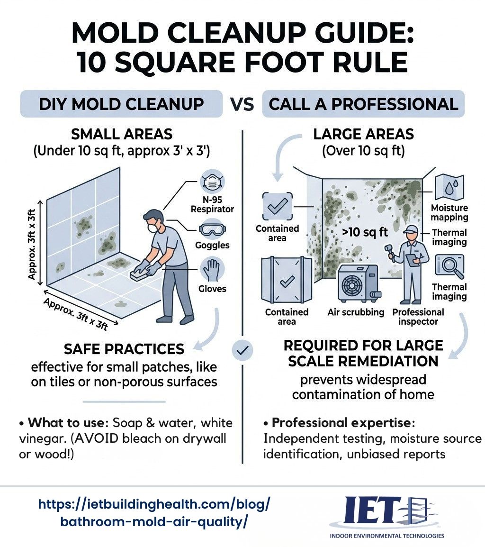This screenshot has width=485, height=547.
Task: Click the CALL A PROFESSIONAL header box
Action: pos(363,104)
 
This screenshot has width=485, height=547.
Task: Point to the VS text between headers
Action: pos(242,104)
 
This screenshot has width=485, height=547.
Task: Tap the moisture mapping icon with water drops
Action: pos(449,188)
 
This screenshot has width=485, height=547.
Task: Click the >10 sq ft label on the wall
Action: pos(358,232)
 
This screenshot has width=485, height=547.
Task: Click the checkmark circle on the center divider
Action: pos(242,350)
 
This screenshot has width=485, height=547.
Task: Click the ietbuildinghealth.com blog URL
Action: pos(154,513)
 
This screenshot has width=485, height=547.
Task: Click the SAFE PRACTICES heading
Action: pos(124,349)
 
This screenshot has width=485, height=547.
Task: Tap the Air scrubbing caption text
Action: pos(356,312)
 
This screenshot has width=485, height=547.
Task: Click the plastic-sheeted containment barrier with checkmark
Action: pos(286,281)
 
